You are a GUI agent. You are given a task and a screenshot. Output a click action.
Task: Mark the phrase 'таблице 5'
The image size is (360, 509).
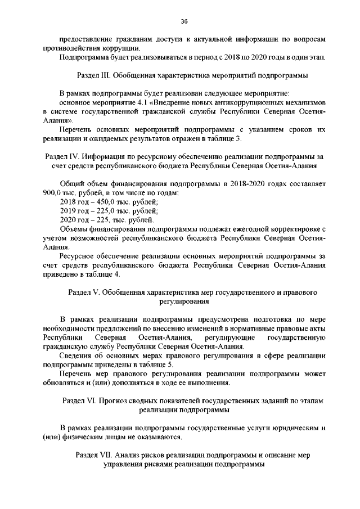tap(146, 364)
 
